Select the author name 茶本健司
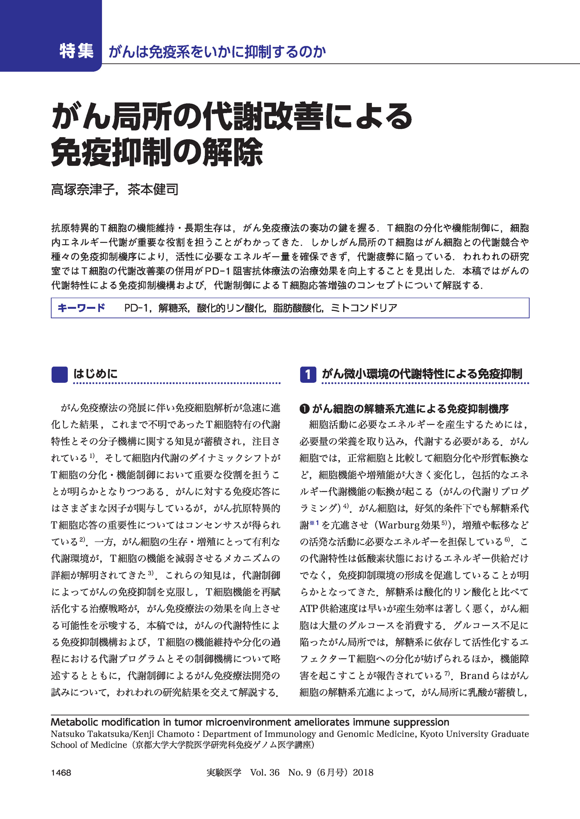pyautogui.click(x=153, y=189)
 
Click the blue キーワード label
pyautogui.click(x=81, y=308)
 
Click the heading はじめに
pyautogui.click(x=95, y=374)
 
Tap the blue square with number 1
pyautogui.click(x=308, y=375)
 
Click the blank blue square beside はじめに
pyautogui.click(x=60, y=375)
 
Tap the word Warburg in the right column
pyautogui.click(x=399, y=525)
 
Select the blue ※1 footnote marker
pyautogui.click(x=314, y=523)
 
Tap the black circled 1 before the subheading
pyautogui.click(x=304, y=409)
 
